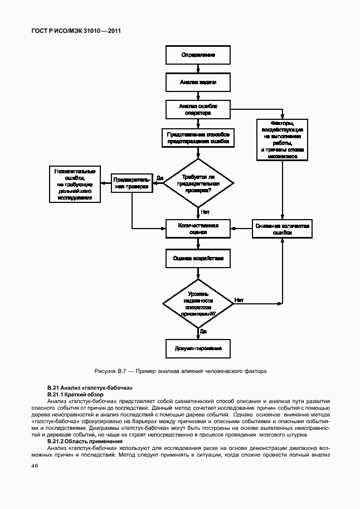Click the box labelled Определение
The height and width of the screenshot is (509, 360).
(198, 55)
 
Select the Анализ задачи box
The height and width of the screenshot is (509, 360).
(198, 82)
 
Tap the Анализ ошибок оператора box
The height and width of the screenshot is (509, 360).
(198, 109)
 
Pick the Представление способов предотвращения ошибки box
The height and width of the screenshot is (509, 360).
(198, 138)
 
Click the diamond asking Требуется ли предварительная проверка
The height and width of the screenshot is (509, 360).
(198, 183)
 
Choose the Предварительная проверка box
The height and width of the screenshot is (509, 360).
(132, 183)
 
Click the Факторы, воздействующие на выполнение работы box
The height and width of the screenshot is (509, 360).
(283, 139)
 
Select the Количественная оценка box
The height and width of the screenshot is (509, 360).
(198, 229)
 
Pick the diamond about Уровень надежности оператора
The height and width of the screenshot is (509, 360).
(198, 303)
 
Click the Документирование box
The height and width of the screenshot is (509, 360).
(198, 348)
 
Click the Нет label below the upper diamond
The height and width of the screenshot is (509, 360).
(205, 212)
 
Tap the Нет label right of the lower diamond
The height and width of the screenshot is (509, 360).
(239, 300)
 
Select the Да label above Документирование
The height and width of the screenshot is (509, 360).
(203, 331)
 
